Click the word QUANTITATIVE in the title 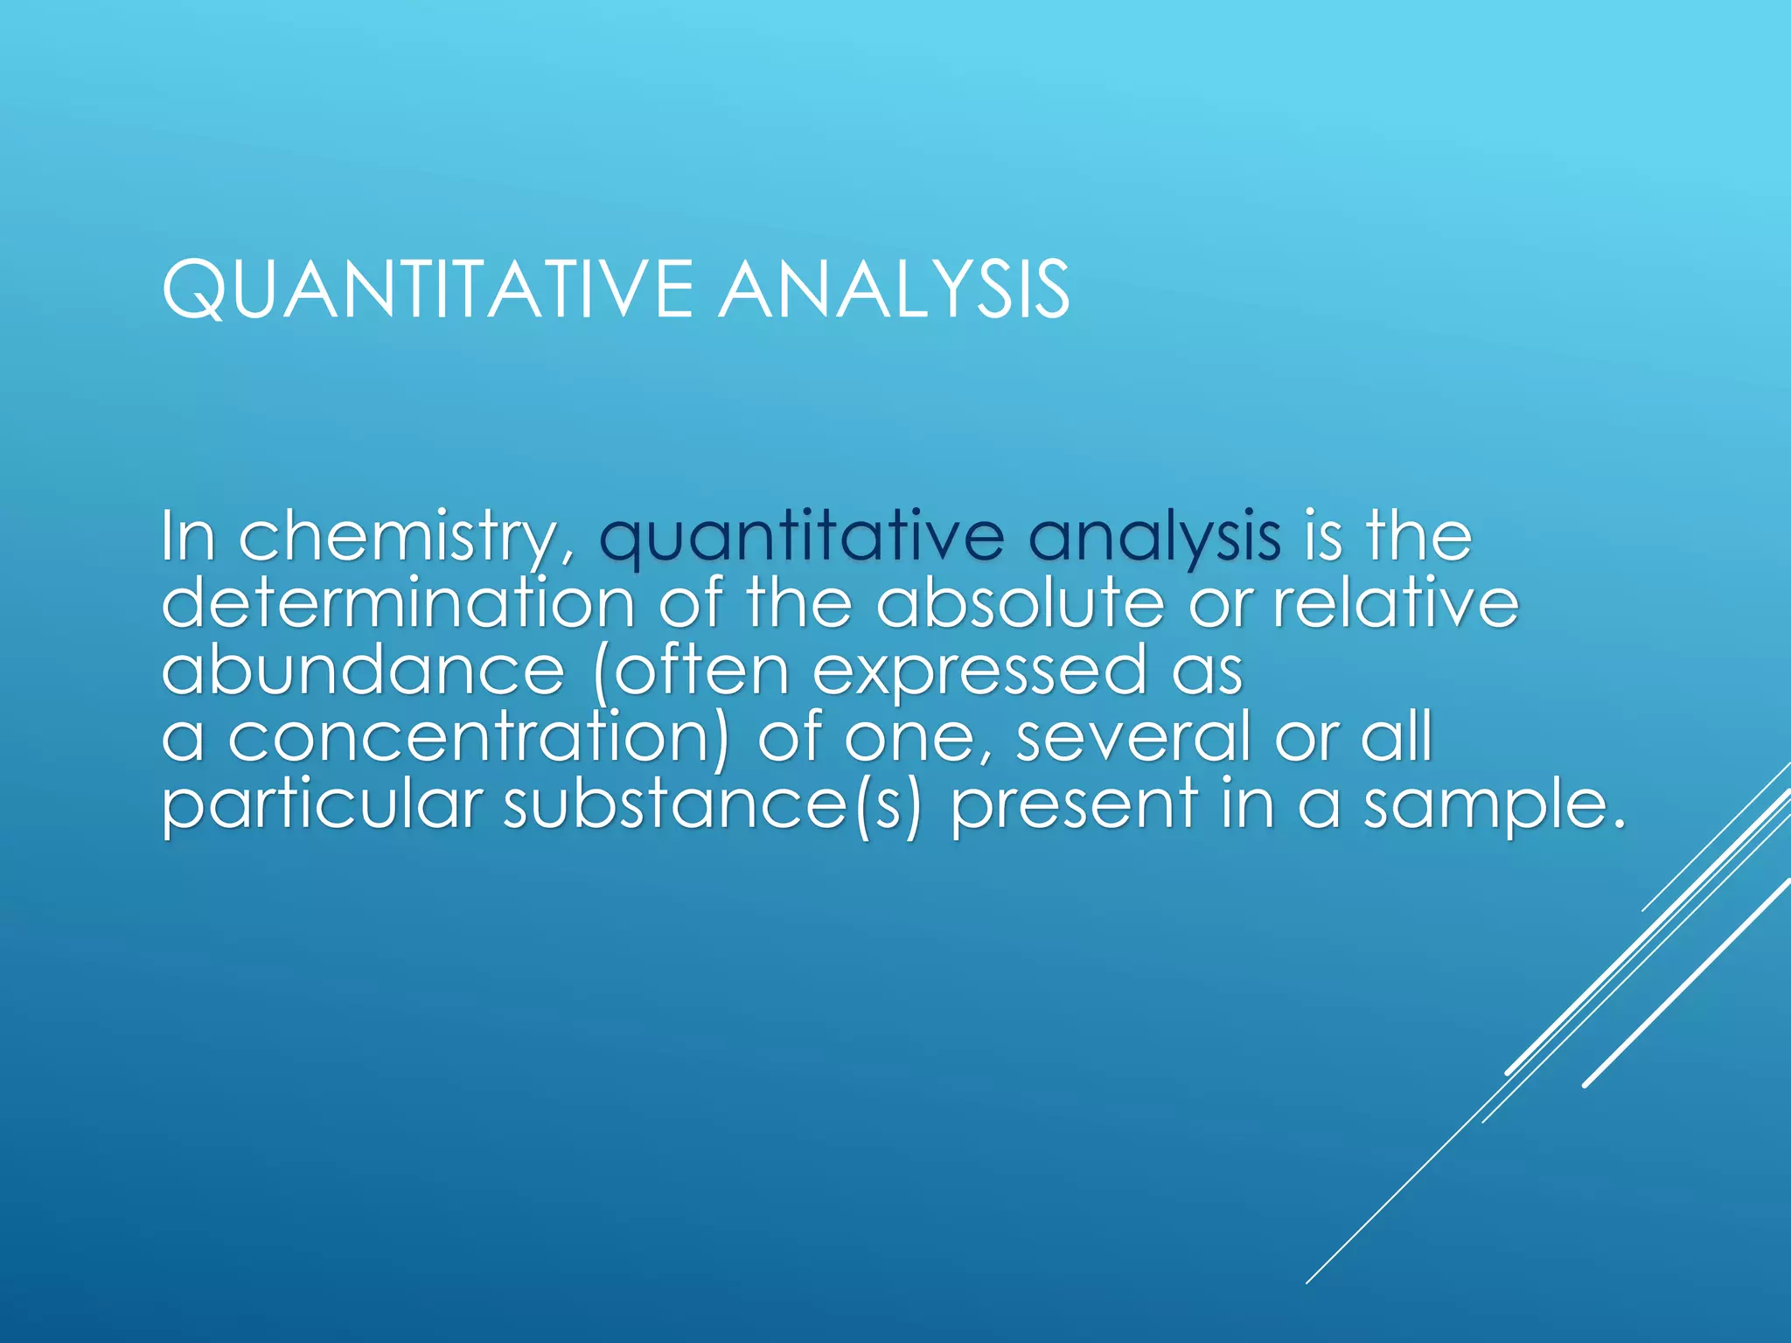[x=428, y=289]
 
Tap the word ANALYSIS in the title [x=894, y=289]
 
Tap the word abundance [x=364, y=671]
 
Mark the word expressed [x=979, y=671]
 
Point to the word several [x=1133, y=737]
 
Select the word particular [x=322, y=804]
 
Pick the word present [x=1074, y=804]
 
